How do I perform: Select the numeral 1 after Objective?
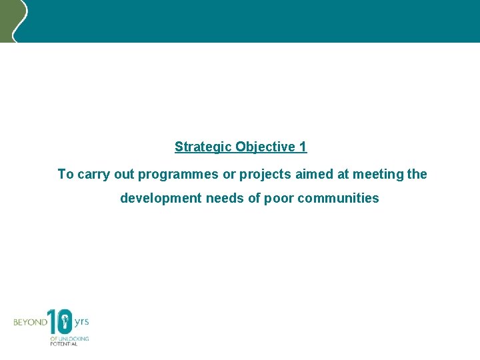point(303,147)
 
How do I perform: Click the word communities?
point(338,199)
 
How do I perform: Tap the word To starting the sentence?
point(65,174)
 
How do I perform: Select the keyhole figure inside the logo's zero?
point(65,323)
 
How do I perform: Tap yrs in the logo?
point(81,321)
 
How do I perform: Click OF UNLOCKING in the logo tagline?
point(69,339)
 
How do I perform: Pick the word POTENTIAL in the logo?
point(64,345)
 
